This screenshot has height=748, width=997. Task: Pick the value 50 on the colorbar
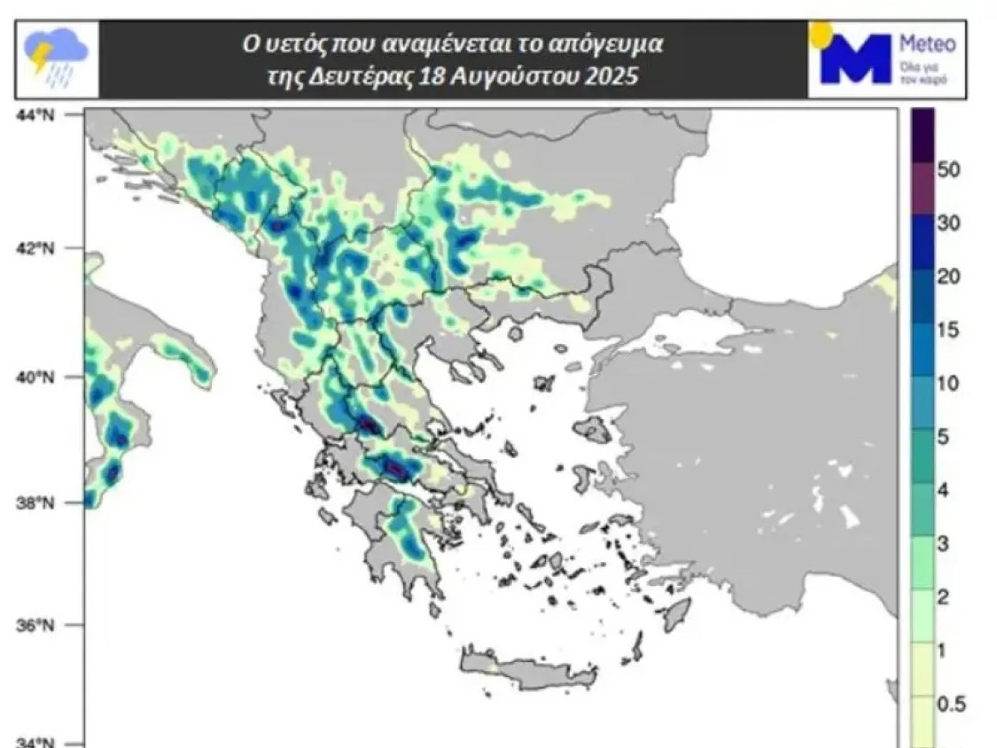click(950, 169)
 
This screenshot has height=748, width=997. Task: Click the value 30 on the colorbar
click(950, 223)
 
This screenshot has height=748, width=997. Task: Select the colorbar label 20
click(950, 277)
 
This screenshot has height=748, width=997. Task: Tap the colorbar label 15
click(950, 331)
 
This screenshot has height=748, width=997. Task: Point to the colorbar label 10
click(950, 385)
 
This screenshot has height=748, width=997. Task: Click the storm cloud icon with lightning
click(56, 58)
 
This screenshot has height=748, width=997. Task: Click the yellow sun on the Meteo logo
click(820, 34)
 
